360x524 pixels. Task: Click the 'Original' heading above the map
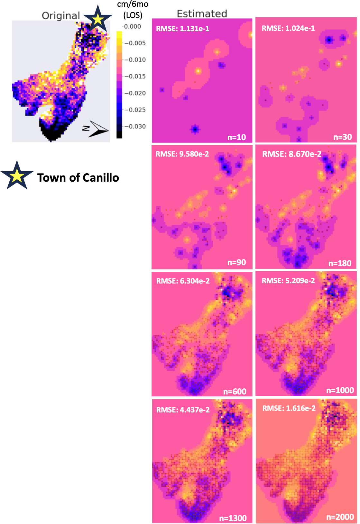[61, 15]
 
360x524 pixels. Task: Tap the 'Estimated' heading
[202, 14]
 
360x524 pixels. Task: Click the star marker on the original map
[98, 19]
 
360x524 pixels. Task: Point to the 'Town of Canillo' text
[78, 177]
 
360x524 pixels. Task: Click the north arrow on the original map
[97, 129]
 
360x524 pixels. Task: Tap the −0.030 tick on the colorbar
[135, 126]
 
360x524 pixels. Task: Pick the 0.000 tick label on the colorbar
[133, 26]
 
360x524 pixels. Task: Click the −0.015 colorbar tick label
[135, 76]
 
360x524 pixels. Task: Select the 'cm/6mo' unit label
[133, 4]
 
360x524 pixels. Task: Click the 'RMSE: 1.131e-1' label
[182, 29]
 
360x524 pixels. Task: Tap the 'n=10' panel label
[236, 137]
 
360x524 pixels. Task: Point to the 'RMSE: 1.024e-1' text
[288, 28]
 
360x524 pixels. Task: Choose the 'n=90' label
[236, 262]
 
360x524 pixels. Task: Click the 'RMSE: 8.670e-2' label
[291, 154]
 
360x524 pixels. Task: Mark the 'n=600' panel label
[235, 391]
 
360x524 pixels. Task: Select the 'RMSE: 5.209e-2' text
[288, 281]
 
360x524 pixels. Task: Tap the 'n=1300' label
[233, 518]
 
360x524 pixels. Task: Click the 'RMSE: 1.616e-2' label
[289, 408]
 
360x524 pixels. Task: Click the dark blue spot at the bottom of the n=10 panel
[195, 130]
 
